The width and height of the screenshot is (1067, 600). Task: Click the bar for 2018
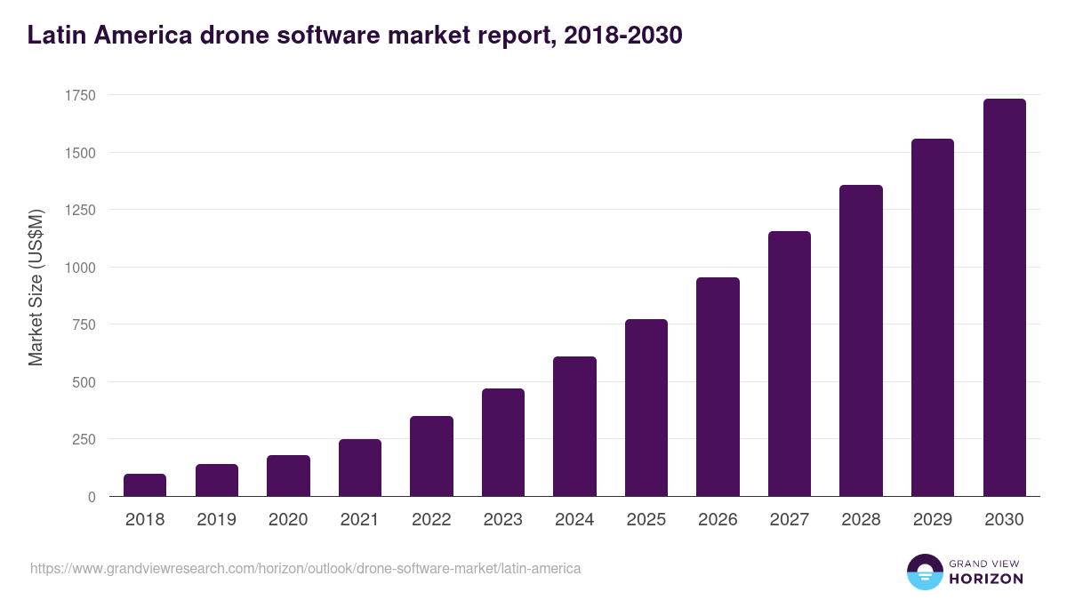145,485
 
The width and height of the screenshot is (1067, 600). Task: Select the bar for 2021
360,468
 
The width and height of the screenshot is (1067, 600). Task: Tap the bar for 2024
574,427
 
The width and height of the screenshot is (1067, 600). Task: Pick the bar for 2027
790,364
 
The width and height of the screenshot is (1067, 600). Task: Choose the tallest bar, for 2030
1004,298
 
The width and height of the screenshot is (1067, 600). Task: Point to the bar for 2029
933,317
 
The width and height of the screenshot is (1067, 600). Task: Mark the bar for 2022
431,456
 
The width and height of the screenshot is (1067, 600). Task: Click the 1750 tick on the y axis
79,95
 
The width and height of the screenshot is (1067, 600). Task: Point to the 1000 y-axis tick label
79,268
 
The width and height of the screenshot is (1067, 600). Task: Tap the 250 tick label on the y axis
83,439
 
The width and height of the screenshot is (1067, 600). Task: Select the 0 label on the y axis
91,497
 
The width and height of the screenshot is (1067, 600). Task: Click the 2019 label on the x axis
216,520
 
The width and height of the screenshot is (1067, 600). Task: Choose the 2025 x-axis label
646,520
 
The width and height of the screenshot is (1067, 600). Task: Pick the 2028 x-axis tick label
861,520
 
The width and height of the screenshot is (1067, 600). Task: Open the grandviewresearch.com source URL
305,568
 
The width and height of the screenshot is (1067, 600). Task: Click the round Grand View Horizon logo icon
925,572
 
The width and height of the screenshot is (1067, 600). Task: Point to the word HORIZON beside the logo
986,579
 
